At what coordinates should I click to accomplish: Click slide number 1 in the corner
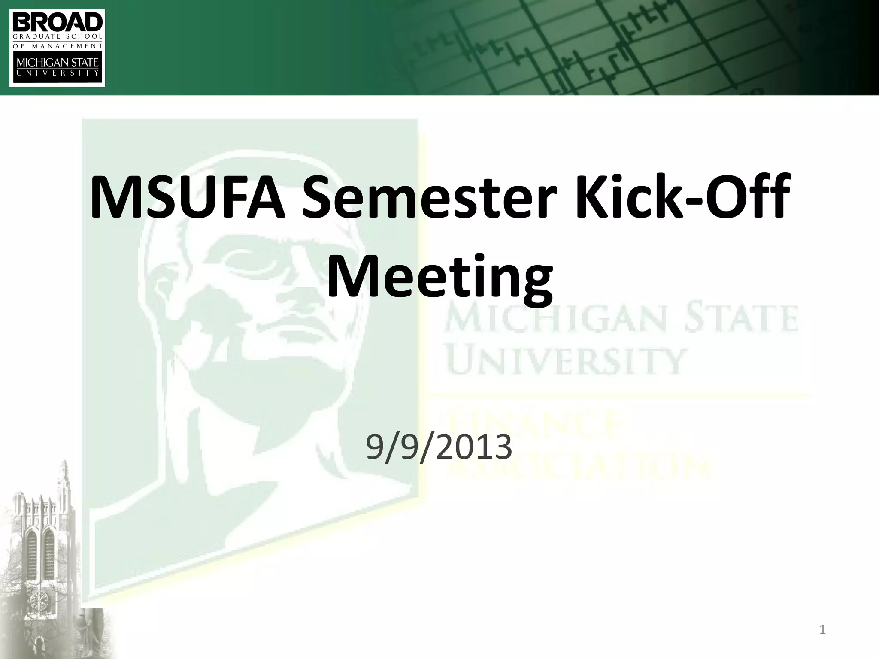point(822,630)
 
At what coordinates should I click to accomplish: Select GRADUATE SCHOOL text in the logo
point(57,37)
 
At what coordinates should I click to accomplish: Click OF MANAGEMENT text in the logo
point(57,46)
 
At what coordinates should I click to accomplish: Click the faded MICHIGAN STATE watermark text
point(620,318)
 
